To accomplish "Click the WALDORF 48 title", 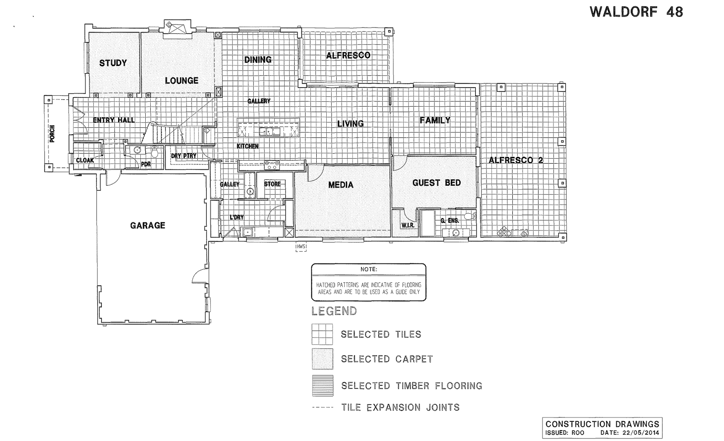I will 636,12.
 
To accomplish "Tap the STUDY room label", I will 113,63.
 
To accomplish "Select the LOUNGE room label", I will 181,80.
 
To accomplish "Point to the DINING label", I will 258,60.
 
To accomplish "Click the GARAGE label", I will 148,225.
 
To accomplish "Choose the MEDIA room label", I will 341,184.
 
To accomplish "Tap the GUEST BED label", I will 436,183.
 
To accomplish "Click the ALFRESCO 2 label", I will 515,160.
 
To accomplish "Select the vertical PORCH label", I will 52,134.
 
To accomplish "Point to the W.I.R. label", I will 408,225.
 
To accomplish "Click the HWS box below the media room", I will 301,247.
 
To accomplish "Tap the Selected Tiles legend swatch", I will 322,334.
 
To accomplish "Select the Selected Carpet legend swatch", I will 322,359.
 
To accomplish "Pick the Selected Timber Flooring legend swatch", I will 322,385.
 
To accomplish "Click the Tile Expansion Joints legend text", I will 400,408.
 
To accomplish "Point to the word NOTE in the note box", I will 369,269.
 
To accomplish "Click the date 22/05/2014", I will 641,432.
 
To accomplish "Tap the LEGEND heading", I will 334,311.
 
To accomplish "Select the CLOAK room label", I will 85,160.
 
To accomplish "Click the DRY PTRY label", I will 184,156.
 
